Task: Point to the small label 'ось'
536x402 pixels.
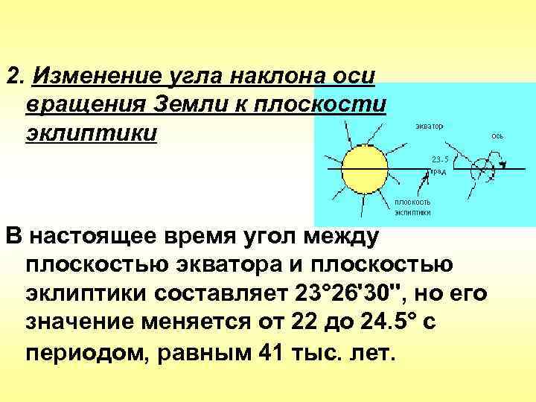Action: tap(497, 136)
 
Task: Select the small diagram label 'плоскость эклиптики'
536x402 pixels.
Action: tap(412, 206)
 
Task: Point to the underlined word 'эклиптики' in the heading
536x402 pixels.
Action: tap(91, 133)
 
